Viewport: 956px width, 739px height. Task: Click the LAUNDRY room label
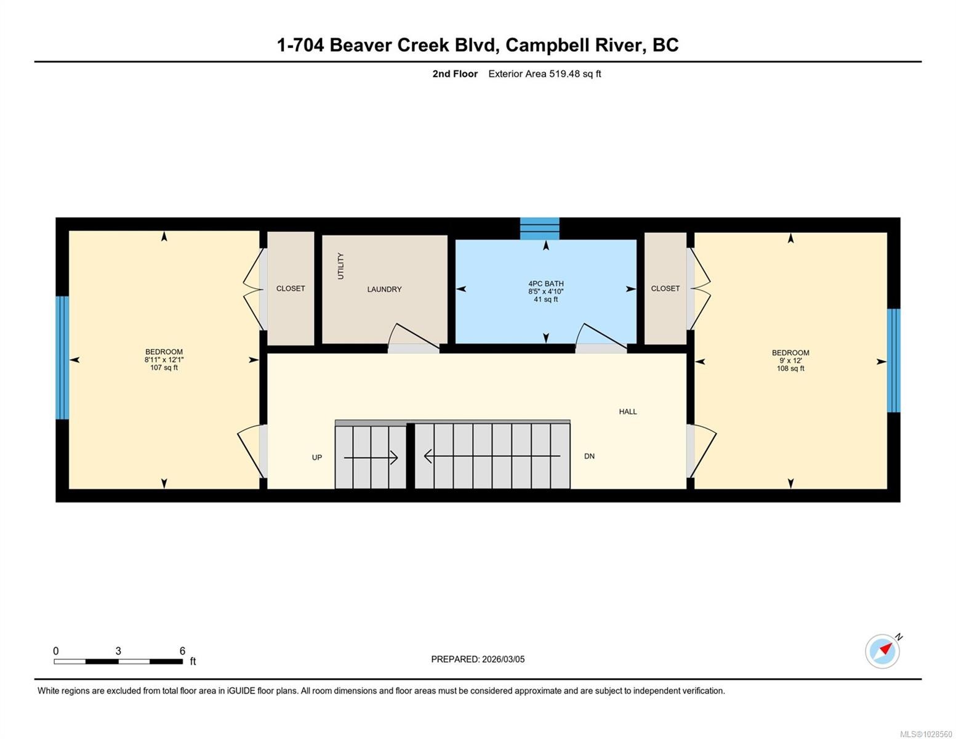[384, 289]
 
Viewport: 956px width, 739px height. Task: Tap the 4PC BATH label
[545, 284]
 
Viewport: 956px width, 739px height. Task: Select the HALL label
[627, 411]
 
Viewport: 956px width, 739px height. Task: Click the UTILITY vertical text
[340, 266]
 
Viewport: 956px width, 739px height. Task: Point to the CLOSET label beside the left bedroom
[291, 288]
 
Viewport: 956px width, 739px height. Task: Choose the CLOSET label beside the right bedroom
[665, 288]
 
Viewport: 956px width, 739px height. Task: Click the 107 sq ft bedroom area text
[164, 368]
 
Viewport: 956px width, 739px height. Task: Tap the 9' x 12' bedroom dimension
[790, 361]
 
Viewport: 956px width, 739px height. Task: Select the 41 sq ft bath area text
[545, 299]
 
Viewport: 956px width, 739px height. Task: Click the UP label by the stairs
[317, 458]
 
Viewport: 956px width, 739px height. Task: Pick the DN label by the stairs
[589, 456]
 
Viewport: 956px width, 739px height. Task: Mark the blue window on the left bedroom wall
[62, 358]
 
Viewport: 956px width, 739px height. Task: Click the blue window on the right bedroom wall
[893, 360]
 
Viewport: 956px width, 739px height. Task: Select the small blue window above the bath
[539, 228]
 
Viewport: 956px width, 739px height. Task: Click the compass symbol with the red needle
[883, 651]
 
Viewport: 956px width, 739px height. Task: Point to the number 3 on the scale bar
[118, 651]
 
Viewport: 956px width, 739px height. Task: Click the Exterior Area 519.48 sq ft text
[544, 74]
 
